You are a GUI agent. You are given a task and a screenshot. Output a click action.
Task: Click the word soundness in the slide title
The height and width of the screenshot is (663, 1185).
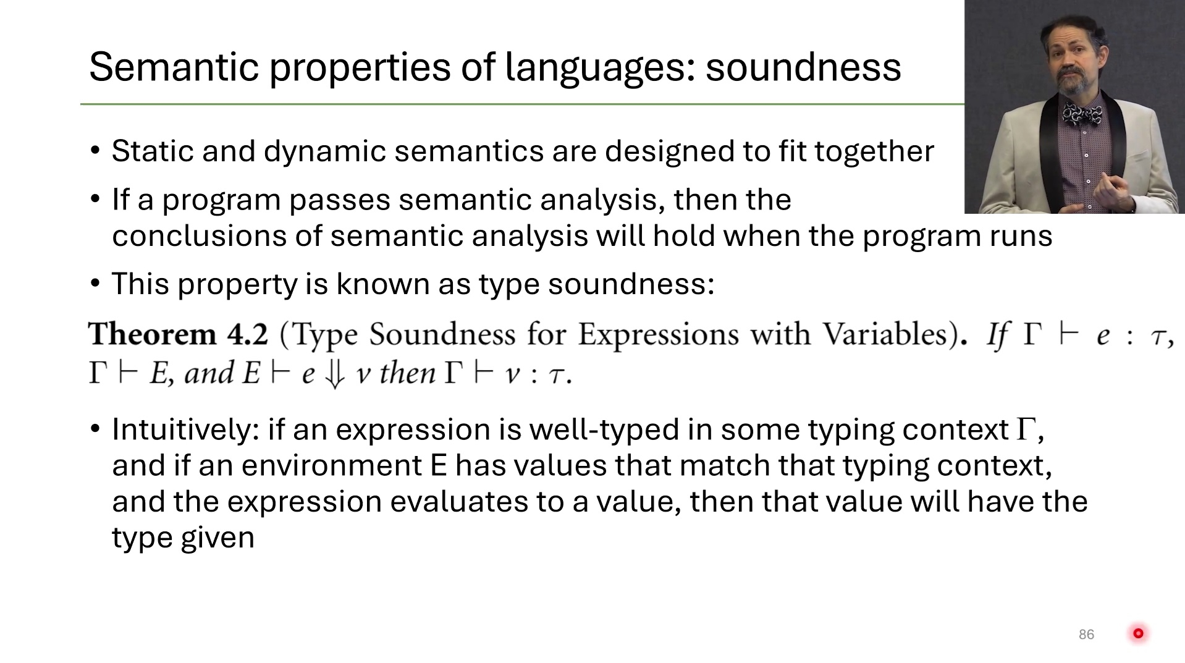click(x=803, y=67)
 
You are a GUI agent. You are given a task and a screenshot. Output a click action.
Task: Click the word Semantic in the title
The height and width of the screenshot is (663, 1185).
click(x=174, y=67)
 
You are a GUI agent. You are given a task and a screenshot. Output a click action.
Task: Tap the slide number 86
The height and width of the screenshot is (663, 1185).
click(x=1086, y=635)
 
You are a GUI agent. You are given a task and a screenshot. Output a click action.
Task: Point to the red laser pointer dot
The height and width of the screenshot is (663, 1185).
click(x=1138, y=633)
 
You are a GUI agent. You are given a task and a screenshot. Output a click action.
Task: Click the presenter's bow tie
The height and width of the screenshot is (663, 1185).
click(x=1082, y=114)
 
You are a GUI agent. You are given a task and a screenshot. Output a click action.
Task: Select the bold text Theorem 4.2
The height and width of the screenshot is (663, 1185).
click(x=179, y=334)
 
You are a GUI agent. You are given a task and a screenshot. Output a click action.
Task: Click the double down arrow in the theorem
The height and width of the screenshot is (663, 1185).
click(x=334, y=374)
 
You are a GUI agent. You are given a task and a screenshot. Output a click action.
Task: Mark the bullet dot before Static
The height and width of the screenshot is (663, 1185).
click(x=95, y=152)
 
